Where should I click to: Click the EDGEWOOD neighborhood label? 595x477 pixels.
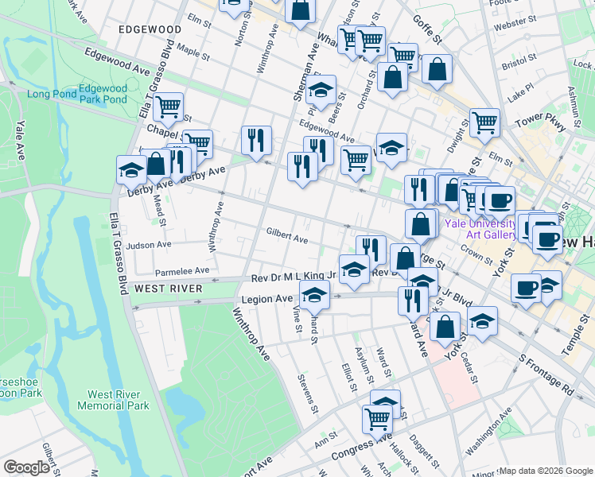coord(150,29)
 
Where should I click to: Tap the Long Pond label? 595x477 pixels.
coord(51,94)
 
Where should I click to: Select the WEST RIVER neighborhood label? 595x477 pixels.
coord(169,288)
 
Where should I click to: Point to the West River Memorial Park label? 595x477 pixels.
coord(113,400)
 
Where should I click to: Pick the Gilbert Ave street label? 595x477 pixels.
coord(287,237)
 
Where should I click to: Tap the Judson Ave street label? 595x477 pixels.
coord(149,245)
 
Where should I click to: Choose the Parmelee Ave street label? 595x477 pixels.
coord(182,270)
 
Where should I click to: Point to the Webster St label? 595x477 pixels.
coord(511,25)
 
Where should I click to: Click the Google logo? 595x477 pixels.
coord(27,467)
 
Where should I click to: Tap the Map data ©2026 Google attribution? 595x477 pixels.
coord(546,471)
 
